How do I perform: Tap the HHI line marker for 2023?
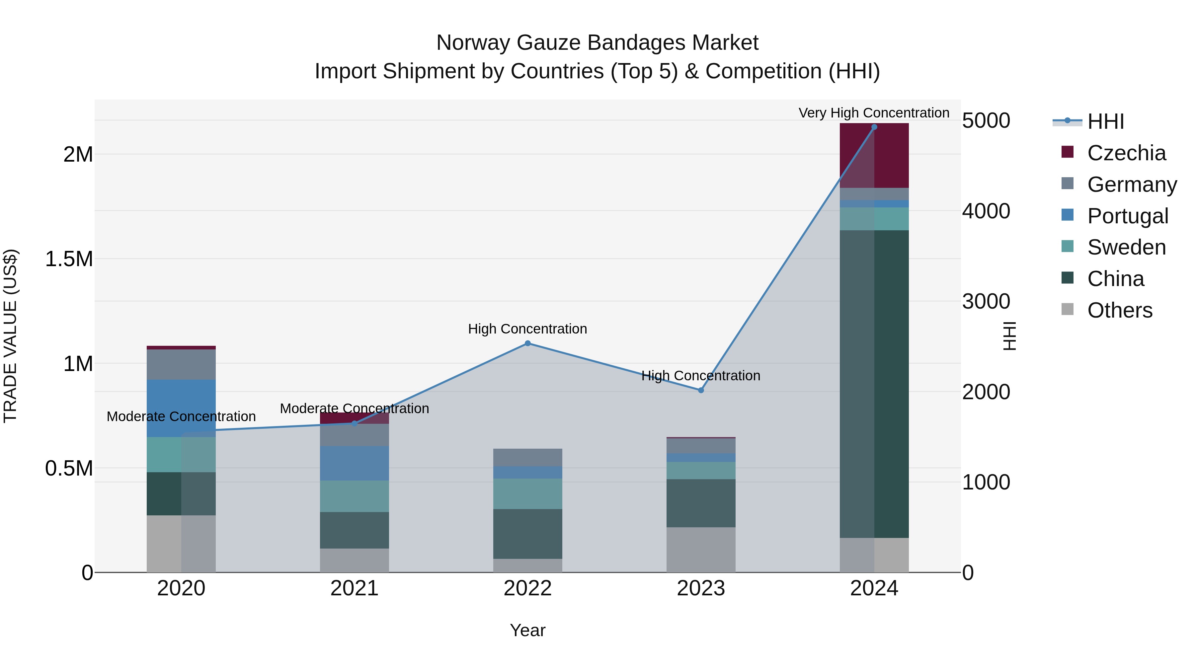click(701, 391)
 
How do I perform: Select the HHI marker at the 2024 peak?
click(874, 127)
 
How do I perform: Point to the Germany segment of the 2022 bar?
click(527, 457)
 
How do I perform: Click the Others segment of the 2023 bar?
click(701, 550)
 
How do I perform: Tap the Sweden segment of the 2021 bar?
click(355, 496)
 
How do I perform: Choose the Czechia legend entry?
click(1126, 153)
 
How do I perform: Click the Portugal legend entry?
click(1127, 216)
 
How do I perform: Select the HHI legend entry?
click(1105, 121)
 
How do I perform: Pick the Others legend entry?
click(1119, 310)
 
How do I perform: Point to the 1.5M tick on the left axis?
click(69, 259)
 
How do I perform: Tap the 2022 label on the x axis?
click(527, 588)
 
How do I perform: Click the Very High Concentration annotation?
click(874, 113)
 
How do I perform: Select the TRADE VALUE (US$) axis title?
click(10, 336)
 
